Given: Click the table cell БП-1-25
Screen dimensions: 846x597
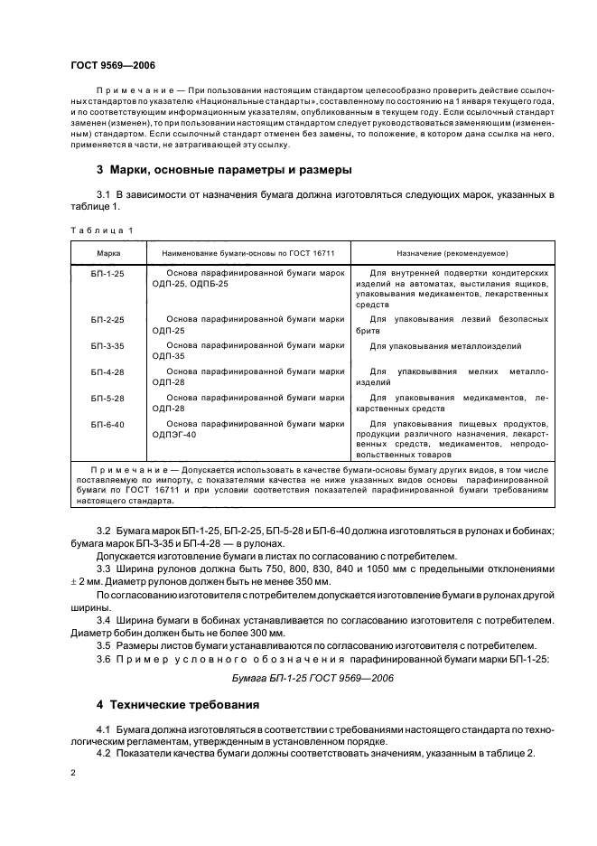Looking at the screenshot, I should [107, 273].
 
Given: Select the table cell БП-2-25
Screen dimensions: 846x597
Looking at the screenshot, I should [107, 321].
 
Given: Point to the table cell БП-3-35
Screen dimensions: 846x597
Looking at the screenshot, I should [107, 346].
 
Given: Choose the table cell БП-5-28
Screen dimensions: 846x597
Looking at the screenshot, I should [107, 398].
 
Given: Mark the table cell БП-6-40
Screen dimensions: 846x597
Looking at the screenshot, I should [107, 423].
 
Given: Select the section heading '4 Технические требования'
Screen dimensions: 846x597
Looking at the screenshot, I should [178, 704].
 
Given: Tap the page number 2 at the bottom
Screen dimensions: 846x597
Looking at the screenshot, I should [72, 775].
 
